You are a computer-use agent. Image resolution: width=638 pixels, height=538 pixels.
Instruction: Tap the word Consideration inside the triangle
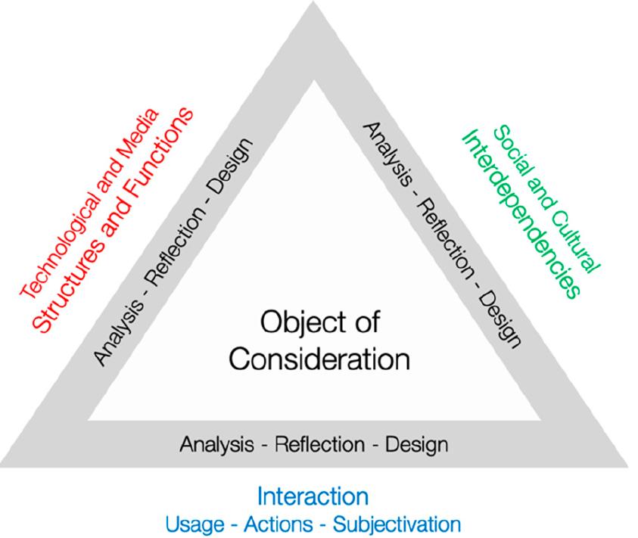point(319,359)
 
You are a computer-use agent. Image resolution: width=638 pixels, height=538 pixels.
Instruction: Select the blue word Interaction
point(313,496)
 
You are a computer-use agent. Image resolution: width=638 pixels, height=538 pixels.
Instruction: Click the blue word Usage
point(195,524)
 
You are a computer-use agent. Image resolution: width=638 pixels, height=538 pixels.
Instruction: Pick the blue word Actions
point(279,524)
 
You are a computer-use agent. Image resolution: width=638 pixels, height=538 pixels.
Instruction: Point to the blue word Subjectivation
point(397,524)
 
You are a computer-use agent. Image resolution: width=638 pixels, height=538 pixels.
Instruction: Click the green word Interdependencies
point(521,214)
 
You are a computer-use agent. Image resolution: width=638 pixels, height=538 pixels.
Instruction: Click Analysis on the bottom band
point(217,445)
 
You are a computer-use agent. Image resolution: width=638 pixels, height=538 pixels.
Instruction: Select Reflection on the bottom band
point(320,444)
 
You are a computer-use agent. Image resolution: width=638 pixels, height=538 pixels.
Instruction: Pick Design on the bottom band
point(417,445)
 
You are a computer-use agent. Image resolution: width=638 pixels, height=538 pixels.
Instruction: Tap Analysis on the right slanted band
point(387,154)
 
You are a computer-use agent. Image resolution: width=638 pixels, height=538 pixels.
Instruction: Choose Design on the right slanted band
point(499,320)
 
